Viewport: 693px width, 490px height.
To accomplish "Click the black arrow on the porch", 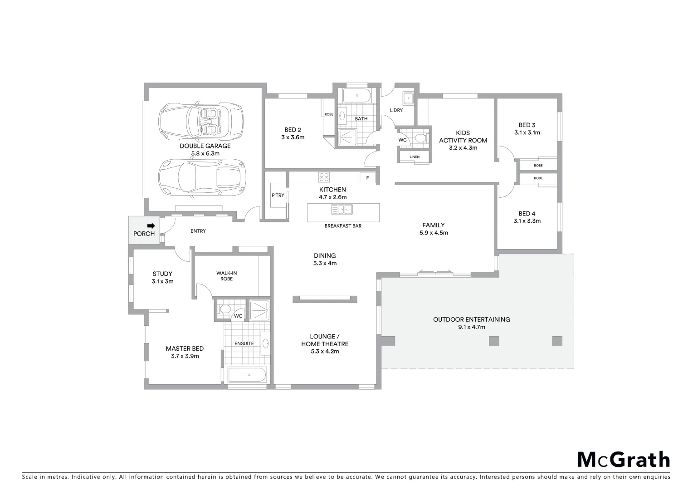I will [x=151, y=225].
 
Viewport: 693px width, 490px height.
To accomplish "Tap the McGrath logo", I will [x=624, y=460].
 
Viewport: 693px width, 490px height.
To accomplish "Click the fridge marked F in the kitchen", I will [x=367, y=178].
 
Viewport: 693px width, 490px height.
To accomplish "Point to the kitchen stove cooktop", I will [x=324, y=177].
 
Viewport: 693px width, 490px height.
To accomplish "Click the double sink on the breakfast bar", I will [x=342, y=210].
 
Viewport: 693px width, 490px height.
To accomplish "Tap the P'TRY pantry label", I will [x=278, y=195].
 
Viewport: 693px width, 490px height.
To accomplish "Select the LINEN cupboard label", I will [x=414, y=157].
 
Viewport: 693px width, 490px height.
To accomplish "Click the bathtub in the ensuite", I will [x=247, y=375].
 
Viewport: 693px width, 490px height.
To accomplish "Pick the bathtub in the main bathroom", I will [x=357, y=96].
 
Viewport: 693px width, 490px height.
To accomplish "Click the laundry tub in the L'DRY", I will [x=408, y=98].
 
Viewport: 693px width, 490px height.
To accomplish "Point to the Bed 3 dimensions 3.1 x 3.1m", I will [x=527, y=133].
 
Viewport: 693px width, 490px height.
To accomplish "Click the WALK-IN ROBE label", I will [x=226, y=276].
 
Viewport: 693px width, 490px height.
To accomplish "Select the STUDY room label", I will [x=162, y=274].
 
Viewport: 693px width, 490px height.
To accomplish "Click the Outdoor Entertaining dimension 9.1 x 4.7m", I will [x=471, y=327].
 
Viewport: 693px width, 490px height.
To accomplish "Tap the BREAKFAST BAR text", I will [x=343, y=226].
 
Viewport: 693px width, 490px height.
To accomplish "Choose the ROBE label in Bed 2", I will [x=329, y=114].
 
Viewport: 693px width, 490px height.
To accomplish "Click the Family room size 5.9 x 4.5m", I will [x=434, y=233].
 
